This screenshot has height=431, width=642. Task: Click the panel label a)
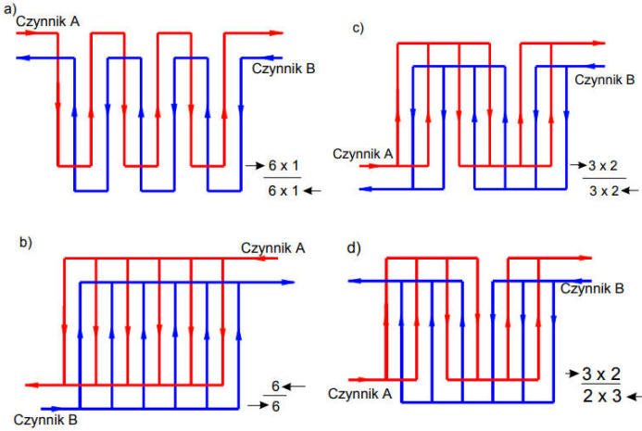tap(9, 8)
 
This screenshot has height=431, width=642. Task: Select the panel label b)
tap(25, 243)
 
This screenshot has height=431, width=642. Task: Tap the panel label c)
tap(359, 28)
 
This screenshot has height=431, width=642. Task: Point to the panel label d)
tap(354, 248)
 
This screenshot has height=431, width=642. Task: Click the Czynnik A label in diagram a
tap(47, 21)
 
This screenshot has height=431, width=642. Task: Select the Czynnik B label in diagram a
tap(283, 69)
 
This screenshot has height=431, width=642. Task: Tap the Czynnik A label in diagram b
tap(272, 247)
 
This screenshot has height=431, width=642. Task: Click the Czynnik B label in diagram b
tap(45, 420)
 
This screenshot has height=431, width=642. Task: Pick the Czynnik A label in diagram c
tap(363, 154)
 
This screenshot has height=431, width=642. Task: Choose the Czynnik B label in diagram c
tap(604, 80)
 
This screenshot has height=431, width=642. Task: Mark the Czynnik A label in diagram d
tap(359, 394)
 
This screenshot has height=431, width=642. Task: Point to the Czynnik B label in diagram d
tap(592, 288)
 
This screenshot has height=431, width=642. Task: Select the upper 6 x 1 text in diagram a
tap(283, 166)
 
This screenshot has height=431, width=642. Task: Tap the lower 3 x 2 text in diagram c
tap(604, 191)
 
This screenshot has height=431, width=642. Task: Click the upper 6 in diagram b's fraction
tap(275, 386)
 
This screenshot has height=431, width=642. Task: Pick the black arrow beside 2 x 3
tap(635, 397)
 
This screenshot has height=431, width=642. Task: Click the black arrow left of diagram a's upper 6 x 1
tap(255, 166)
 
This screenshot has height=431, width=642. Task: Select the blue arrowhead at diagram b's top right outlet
tap(288, 283)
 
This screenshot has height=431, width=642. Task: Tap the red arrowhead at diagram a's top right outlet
tap(277, 33)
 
